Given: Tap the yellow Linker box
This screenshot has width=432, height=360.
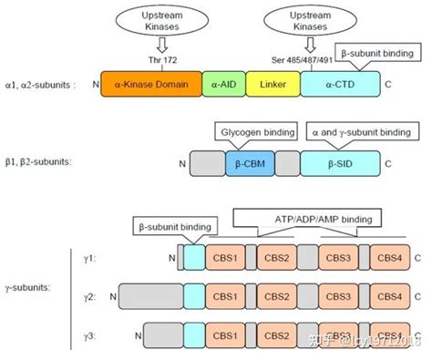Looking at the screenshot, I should point(273,86).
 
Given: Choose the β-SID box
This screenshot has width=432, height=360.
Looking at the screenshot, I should point(338,164).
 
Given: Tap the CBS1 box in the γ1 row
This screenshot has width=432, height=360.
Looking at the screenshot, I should point(225,258).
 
